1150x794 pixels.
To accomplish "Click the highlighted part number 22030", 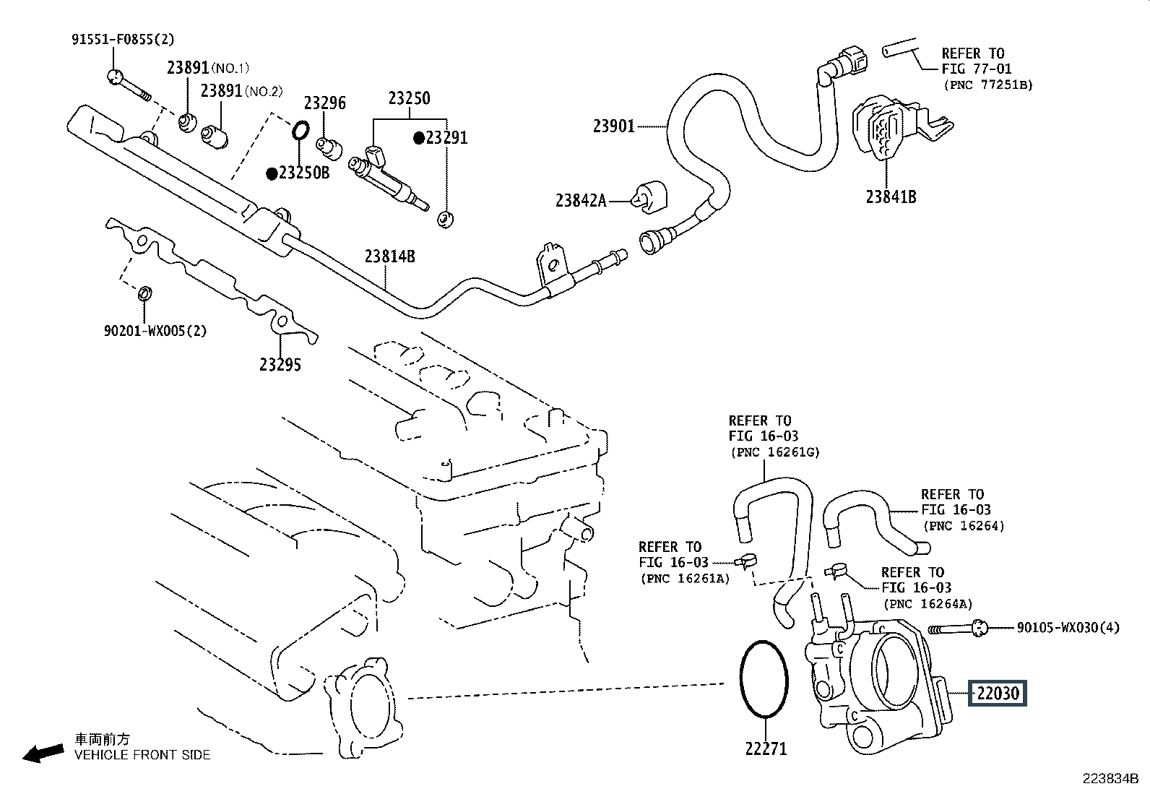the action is (x=998, y=694).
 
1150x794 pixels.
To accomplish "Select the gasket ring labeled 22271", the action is (x=741, y=678).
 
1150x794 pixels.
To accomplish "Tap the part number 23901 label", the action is (x=613, y=126).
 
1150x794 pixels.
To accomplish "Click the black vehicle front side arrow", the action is (x=43, y=754).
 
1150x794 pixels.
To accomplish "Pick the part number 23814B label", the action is (x=389, y=256).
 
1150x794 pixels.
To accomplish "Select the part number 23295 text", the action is (x=280, y=365).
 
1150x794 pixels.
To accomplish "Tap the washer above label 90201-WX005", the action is (x=144, y=293).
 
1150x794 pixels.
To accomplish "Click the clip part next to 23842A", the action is (x=649, y=198).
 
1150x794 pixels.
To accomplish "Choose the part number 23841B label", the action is (x=891, y=197).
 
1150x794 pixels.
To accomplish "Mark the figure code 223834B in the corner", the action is (x=1110, y=779).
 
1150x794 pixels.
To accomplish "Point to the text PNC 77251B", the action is (x=988, y=85).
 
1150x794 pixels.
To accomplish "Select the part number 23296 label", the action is (x=324, y=103).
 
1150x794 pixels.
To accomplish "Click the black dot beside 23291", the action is (x=419, y=138).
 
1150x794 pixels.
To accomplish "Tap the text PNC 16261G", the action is (x=775, y=452).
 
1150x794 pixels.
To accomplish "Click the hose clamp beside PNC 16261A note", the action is (x=746, y=561).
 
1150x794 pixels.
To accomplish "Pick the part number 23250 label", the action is (x=409, y=98).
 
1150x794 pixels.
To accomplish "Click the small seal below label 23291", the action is (x=445, y=220).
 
